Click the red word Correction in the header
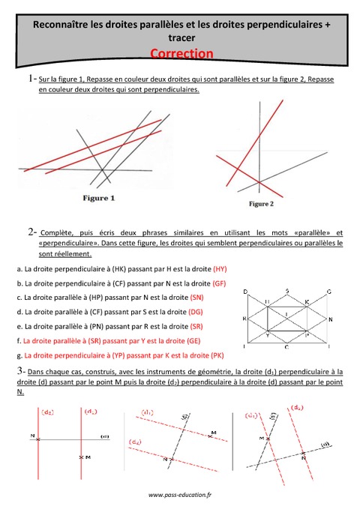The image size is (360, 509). [x=181, y=53]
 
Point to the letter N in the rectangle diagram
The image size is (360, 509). [x=331, y=319]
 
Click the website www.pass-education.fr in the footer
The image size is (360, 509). [x=180, y=495]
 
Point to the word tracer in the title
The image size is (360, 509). [x=180, y=38]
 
